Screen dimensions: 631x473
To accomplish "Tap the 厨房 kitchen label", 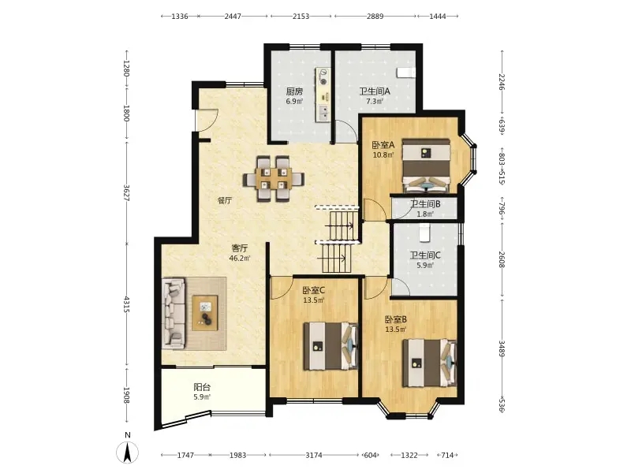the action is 294,91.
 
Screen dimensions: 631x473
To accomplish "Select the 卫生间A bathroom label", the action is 375,91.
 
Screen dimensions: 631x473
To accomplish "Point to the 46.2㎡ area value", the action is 240,259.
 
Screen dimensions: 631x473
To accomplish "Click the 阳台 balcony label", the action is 202,387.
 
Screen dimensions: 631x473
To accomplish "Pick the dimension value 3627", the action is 126,192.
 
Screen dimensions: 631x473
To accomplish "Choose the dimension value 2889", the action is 375,16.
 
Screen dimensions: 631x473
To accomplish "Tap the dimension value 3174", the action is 313,455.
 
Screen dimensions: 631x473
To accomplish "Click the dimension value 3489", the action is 502,348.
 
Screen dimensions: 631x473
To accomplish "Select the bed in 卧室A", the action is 427,166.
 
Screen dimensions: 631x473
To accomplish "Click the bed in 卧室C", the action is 330,346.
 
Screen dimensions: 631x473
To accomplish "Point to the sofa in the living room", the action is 174,314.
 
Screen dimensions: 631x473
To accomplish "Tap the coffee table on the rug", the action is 205,313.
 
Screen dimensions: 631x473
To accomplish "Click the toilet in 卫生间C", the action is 424,233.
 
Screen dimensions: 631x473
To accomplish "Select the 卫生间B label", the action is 425,204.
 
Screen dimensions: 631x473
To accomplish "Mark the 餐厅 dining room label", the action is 225,200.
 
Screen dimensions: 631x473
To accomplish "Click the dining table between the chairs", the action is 273,179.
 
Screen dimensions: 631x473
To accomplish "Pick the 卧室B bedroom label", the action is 396,319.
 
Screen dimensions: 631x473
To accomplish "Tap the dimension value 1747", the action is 185,455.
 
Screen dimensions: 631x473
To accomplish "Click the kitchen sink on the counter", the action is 323,113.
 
